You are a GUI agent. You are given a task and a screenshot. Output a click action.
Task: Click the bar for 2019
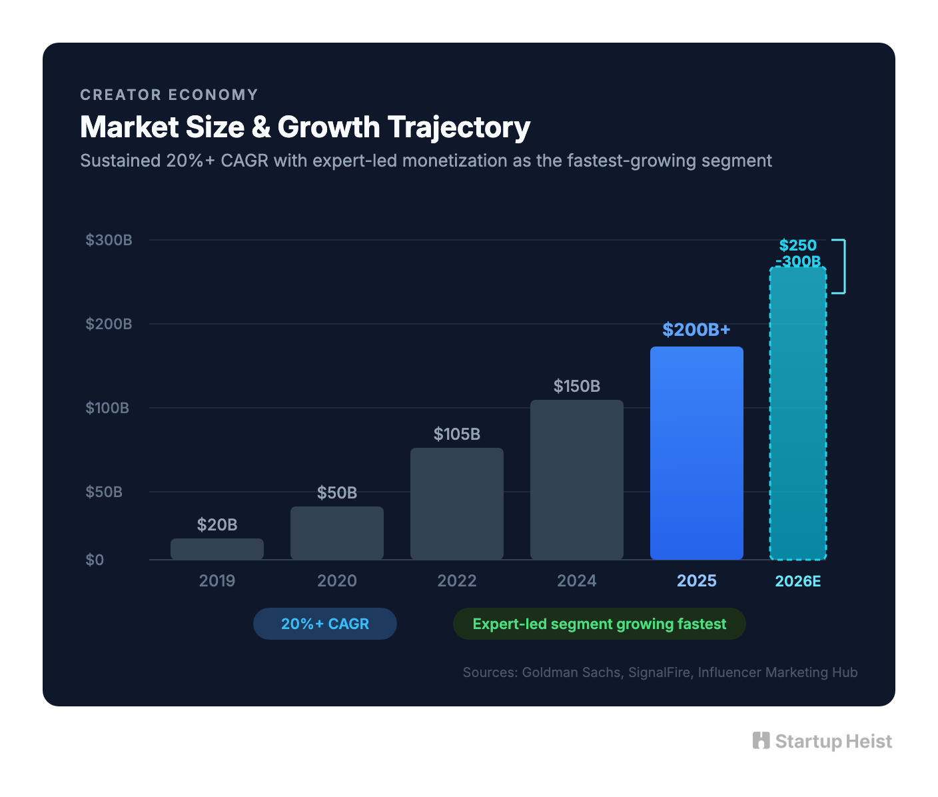point(217,549)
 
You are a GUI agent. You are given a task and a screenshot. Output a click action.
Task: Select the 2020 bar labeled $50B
point(337,533)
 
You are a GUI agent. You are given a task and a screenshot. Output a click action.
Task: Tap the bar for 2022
point(457,504)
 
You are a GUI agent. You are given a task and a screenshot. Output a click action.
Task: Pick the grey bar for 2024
point(577,480)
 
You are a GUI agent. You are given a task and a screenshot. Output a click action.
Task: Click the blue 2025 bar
point(697,453)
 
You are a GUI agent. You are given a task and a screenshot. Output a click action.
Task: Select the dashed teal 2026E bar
point(798,413)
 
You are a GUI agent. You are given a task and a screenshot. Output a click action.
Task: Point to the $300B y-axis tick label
point(109,240)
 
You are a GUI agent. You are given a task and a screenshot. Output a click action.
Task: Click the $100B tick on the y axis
point(107,408)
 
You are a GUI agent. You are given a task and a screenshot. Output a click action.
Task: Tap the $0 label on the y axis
point(95,560)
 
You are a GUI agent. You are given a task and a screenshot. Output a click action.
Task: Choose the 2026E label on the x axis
point(798,581)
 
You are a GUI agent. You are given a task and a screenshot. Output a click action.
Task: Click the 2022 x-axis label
point(457,581)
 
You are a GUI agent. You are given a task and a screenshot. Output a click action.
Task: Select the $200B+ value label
point(697,329)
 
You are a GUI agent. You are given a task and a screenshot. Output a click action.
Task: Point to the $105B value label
point(457,434)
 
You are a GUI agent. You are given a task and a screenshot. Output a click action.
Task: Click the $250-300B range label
point(798,253)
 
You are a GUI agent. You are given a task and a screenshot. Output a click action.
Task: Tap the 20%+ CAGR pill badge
point(325,624)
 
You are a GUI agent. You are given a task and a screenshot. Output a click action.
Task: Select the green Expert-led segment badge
point(600,624)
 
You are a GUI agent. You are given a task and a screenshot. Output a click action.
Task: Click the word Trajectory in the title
point(459,127)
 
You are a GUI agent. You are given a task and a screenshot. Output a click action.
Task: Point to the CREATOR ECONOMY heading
point(169,95)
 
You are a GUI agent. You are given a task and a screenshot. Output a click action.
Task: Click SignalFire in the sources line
point(659,672)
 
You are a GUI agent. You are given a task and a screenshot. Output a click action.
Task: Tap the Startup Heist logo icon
point(761,740)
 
